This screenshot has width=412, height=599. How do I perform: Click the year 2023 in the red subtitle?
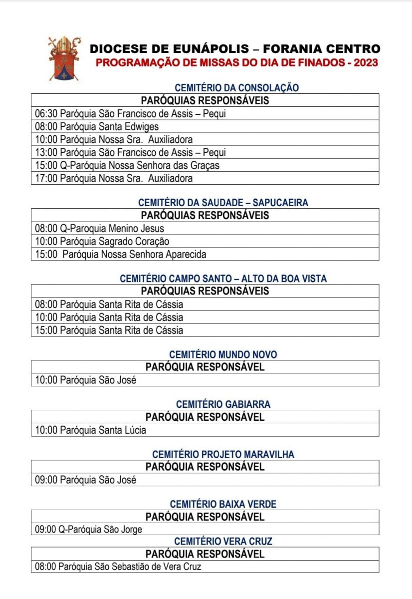[364, 63]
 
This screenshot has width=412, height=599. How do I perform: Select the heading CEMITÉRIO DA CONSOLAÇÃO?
[236, 88]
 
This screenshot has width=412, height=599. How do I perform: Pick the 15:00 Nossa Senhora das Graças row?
[127, 165]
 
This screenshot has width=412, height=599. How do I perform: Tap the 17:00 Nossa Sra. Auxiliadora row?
[114, 178]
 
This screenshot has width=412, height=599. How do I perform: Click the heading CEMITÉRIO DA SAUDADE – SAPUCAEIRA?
[223, 203]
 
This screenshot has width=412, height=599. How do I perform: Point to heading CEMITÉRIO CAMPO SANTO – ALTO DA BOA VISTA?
[223, 279]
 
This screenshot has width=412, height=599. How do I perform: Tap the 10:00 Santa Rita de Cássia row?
[109, 317]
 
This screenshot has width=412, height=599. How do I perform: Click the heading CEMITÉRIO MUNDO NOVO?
[223, 354]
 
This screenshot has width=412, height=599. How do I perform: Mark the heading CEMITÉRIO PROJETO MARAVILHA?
[223, 454]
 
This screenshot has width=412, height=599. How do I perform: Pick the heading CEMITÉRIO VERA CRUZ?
[223, 541]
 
